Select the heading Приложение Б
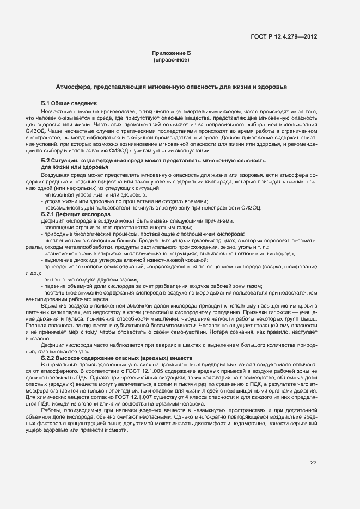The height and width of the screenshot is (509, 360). (171, 53)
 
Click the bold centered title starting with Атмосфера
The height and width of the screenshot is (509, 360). (171, 87)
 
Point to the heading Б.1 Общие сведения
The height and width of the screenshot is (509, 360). (69, 103)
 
